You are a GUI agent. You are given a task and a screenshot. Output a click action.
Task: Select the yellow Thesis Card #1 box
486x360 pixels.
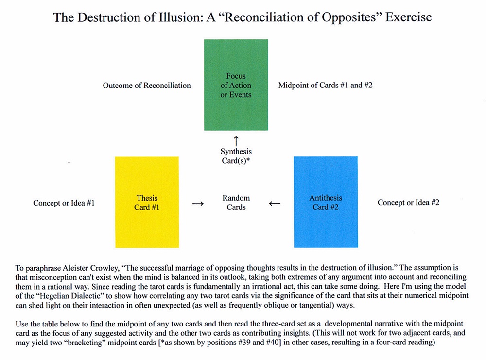point(146,202)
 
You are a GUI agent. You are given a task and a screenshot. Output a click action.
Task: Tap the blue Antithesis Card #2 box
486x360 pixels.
point(325,202)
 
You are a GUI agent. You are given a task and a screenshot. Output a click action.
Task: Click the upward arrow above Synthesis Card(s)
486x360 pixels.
point(236,141)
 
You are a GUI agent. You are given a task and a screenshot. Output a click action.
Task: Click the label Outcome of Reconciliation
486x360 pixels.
point(147,86)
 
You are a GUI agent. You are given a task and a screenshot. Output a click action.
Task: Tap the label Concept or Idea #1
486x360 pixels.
point(64,203)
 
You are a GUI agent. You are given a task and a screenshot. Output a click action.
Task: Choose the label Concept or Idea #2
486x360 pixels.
point(409,203)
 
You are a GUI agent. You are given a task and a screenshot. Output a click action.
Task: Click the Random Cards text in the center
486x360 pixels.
point(236,203)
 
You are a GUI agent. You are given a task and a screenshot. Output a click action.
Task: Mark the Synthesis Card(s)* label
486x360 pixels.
point(236,156)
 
